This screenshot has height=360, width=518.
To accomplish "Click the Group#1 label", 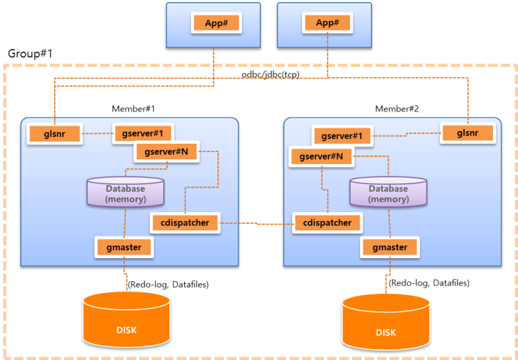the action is click(30, 54).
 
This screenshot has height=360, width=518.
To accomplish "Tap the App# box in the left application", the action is click(216, 23).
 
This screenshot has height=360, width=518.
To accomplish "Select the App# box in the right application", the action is click(328, 23).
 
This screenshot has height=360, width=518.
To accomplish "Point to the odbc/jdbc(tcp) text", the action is click(271, 75).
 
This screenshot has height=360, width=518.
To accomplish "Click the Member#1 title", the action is click(133, 109).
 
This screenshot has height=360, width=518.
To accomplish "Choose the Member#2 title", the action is click(397, 109).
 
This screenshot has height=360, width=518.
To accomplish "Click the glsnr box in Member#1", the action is click(54, 134).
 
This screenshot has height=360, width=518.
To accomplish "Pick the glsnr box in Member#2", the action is click(468, 133).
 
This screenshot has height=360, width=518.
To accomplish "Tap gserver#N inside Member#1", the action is click(167, 152).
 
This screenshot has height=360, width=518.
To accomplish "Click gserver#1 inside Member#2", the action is click(342, 136).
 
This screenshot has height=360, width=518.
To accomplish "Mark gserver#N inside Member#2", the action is click(321, 157).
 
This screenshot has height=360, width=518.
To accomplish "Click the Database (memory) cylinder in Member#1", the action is click(125, 192).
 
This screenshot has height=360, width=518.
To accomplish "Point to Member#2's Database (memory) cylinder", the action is click(388, 192).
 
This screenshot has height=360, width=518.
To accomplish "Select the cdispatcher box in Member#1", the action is click(185, 223).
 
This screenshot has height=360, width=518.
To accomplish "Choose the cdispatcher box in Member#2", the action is click(328, 223).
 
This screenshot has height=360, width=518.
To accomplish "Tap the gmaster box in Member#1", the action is click(124, 247).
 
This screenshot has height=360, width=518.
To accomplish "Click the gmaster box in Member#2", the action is click(390, 247).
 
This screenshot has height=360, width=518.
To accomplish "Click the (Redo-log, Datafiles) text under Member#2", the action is click(429, 283).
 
